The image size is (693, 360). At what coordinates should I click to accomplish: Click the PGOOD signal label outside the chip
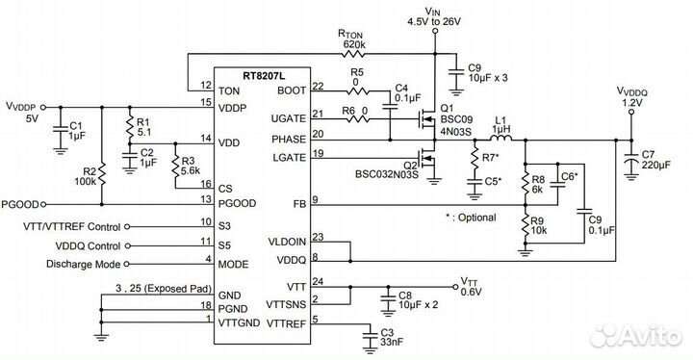21,204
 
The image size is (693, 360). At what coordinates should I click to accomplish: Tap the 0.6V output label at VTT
471,293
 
